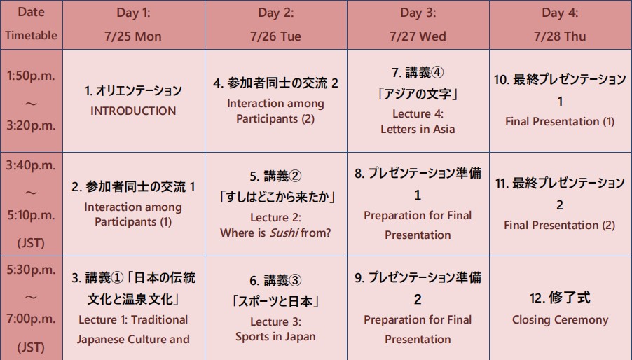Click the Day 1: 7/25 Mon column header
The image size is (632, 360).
pos(133,25)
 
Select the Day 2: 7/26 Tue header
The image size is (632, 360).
pos(275,25)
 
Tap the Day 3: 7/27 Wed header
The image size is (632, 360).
pos(418,25)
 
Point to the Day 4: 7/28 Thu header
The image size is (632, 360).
pos(561,25)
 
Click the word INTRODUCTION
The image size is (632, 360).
pos(133,111)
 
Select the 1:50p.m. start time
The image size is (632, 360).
pos(31,76)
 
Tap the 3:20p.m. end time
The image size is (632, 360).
pos(31,125)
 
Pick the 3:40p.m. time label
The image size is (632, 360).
pos(31,165)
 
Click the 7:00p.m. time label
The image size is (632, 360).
pos(31,319)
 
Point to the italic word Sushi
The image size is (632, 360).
pos(284,233)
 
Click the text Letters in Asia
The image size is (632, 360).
pos(418,130)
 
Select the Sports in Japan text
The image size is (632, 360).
pos(275,337)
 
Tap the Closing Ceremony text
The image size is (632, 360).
pos(560,320)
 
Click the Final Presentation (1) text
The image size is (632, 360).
pos(560,122)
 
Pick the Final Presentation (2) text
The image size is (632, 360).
pos(559,225)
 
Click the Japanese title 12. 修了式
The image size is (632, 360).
pos(560,298)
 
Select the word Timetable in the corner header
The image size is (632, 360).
pos(31,36)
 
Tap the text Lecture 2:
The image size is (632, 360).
pos(275,217)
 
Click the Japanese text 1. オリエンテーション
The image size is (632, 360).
pos(133,90)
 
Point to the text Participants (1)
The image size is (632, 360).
pos(133,222)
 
